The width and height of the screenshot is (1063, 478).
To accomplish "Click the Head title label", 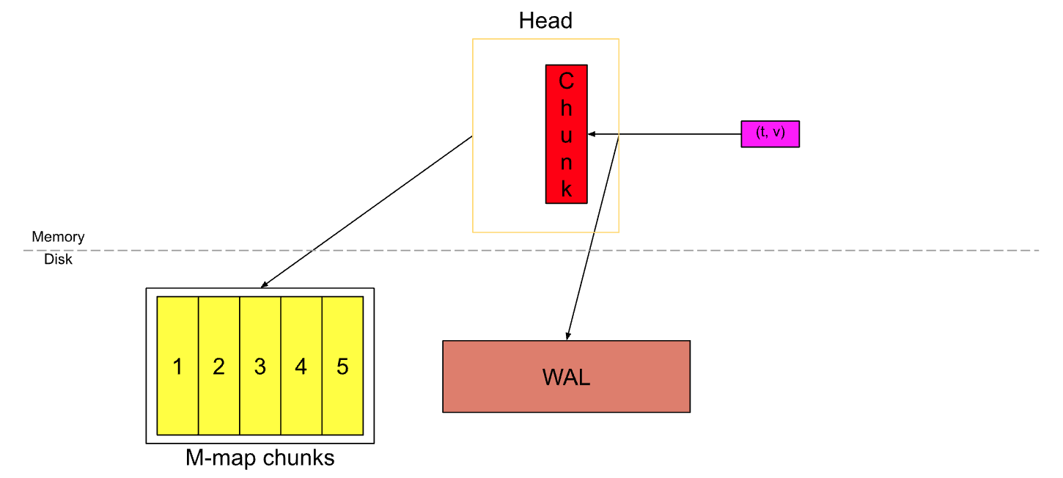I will [545, 21].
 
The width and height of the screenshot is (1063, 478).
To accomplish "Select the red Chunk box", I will [566, 133].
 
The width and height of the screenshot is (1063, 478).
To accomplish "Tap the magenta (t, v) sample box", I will [770, 134].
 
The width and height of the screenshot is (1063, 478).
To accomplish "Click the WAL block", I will [566, 376].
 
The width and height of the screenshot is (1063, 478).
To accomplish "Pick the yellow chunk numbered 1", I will [177, 366].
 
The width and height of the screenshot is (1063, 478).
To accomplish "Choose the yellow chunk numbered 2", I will [218, 366].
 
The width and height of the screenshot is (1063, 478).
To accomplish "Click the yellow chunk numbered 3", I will [260, 366].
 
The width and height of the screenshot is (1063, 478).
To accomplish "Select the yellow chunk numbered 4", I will [301, 366].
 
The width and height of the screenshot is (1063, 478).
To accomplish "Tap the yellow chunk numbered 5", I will [342, 366].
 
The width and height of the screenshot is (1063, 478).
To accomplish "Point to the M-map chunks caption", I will [260, 458].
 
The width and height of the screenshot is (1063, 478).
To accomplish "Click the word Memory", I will [58, 237].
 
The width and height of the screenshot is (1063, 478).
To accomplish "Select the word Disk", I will [58, 259].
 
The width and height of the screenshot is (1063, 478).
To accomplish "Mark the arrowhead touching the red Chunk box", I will [592, 134].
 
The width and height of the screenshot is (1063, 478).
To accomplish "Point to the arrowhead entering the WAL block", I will [568, 336].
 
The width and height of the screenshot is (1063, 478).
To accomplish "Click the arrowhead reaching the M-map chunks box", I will [265, 285].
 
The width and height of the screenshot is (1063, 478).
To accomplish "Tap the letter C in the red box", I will [566, 80].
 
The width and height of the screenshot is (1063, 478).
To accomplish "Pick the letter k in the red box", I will [566, 189].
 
